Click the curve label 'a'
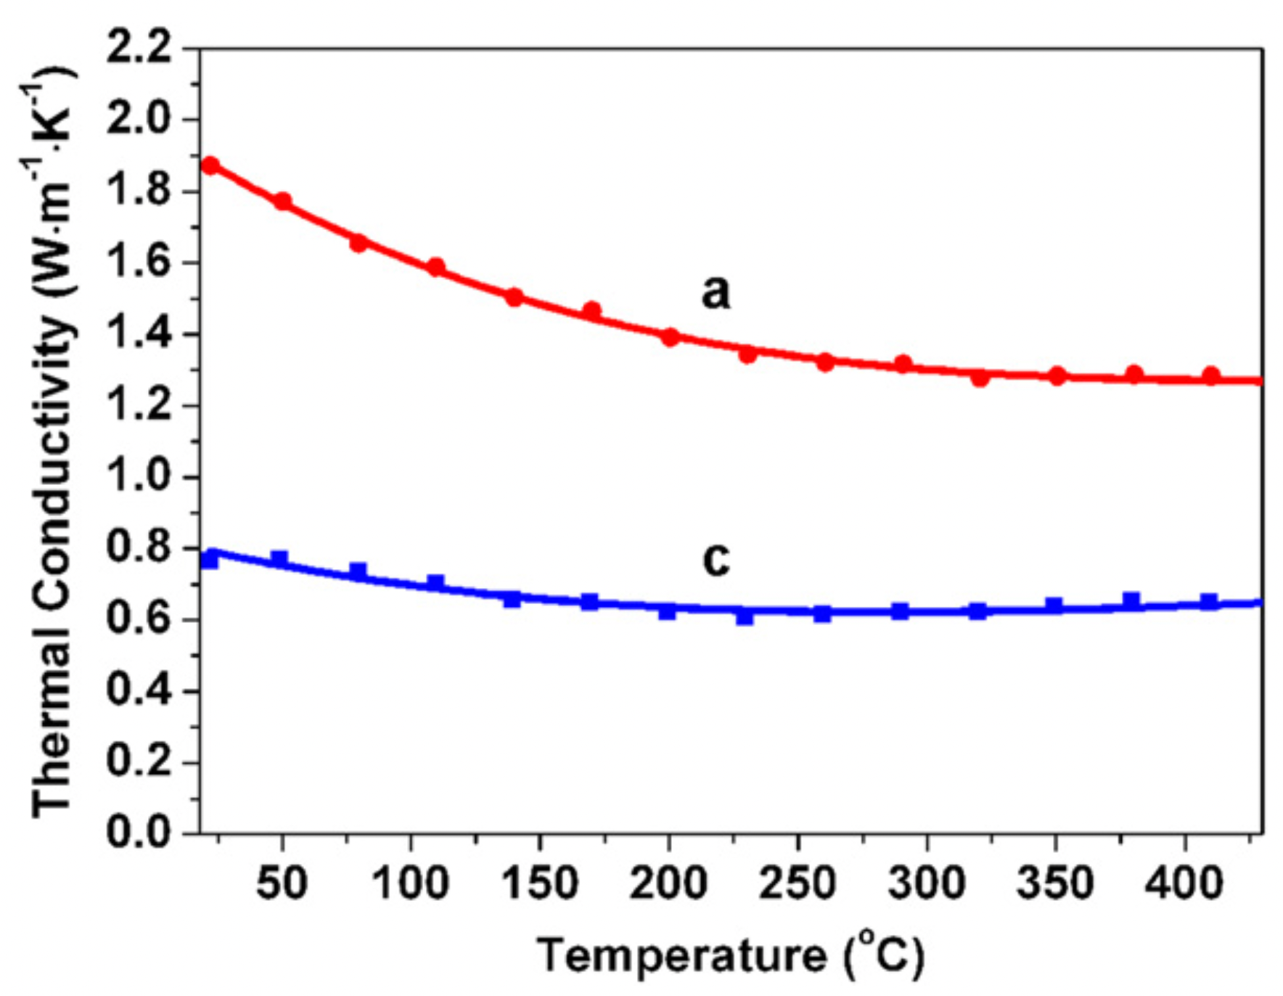click(x=716, y=292)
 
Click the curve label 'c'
click(x=716, y=559)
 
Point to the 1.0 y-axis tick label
click(x=139, y=477)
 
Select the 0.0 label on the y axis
click(x=139, y=833)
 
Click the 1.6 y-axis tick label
click(x=139, y=263)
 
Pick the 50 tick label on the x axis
click(x=282, y=884)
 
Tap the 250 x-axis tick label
click(x=798, y=884)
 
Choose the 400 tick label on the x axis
click(x=1184, y=884)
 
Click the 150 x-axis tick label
click(x=539, y=884)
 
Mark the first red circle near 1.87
click(x=210, y=166)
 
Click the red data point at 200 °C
click(x=670, y=337)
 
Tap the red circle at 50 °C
click(x=282, y=201)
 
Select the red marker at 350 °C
click(x=1057, y=376)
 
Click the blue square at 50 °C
click(x=279, y=558)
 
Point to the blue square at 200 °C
click(x=668, y=611)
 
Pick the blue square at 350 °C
click(x=1054, y=605)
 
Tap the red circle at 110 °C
click(x=435, y=267)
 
